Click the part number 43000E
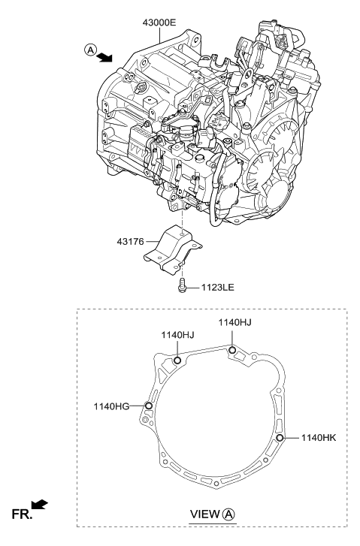159,23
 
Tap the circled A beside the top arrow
90,50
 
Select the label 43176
130,241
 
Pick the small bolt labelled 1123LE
182,285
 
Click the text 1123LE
217,288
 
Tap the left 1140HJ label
177,335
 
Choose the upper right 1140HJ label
235,322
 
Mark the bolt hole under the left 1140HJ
177,360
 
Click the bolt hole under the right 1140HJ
231,350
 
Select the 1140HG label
111,406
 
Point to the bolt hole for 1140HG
149,406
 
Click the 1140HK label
319,438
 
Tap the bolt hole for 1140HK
280,438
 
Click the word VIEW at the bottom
205,514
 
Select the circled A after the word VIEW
229,514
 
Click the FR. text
22,514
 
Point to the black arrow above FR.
39,504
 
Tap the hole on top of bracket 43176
183,234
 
